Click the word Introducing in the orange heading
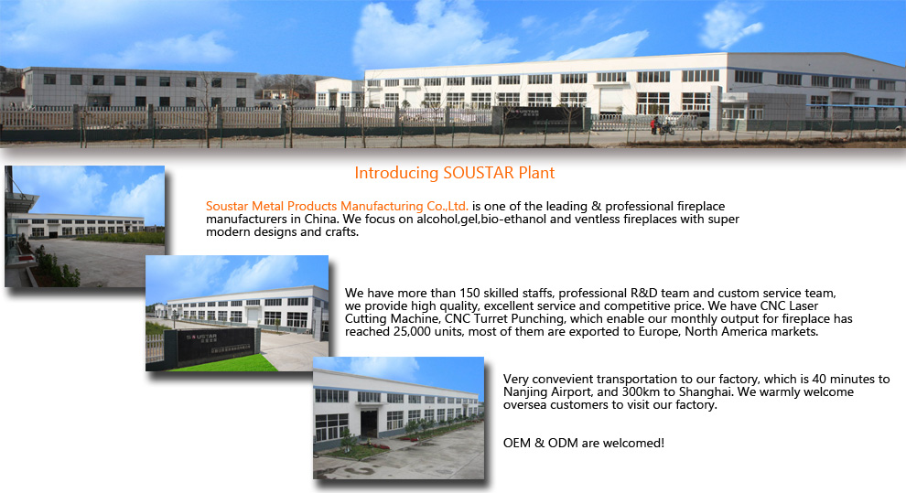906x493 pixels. click(396, 173)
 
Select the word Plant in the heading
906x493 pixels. click(536, 173)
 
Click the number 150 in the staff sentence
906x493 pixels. click(469, 294)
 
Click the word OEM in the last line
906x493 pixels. click(516, 444)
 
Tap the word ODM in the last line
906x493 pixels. click(563, 444)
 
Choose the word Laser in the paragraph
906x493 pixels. click(804, 306)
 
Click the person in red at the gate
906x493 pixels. click(655, 125)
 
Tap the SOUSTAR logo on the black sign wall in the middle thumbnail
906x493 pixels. click(201, 337)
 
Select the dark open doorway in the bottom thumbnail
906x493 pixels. click(369, 423)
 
